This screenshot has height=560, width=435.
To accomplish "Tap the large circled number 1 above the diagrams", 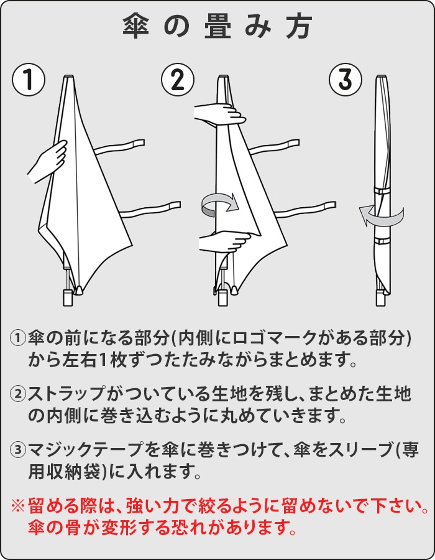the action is (29, 79).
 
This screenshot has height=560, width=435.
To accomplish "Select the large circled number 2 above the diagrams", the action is (178, 79).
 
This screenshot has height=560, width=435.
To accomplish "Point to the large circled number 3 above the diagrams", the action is (345, 79).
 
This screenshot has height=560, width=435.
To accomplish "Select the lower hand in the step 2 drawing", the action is (224, 241).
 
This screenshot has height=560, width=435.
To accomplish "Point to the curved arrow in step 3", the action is (382, 218).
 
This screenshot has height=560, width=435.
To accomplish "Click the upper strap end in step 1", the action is (139, 144).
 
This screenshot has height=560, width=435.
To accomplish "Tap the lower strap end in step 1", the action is (175, 206).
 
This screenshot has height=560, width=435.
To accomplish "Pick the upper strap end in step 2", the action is (293, 144).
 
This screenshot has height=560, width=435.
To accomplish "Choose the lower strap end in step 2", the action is (329, 206).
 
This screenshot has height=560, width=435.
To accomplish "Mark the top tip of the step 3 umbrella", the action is (381, 77).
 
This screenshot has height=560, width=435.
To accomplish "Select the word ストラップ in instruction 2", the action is (67, 394).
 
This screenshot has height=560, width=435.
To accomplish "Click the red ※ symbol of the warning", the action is (18, 506).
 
